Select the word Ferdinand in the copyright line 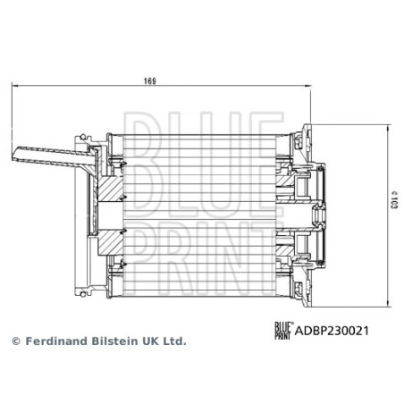coord(55,341)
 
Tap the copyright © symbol coord(14,341)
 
